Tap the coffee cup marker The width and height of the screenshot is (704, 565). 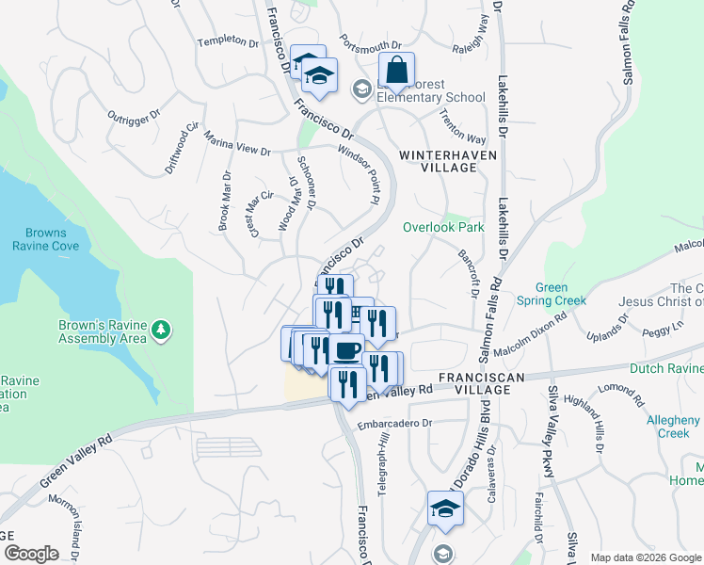(346, 350)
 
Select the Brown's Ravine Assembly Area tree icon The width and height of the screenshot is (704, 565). (163, 330)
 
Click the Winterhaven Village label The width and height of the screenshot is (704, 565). (438, 160)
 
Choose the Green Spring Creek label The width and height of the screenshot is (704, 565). (552, 294)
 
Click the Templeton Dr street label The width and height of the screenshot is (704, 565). (227, 41)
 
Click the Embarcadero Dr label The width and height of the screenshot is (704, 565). (394, 424)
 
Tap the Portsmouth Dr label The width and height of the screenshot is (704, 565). (373, 44)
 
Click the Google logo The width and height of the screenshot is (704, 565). (31, 554)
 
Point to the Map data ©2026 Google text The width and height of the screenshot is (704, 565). (646, 557)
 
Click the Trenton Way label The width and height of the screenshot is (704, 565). (462, 127)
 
